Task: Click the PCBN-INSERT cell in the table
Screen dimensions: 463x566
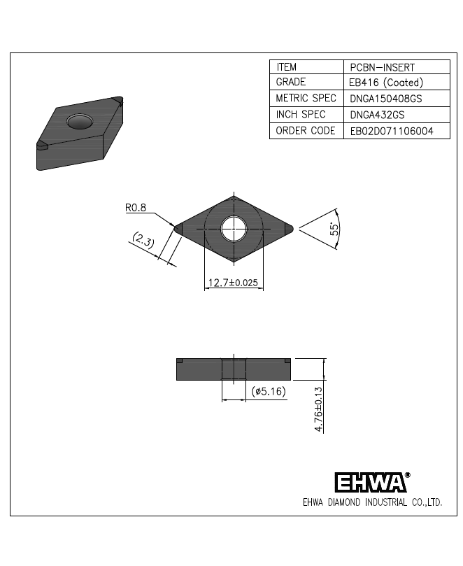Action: pyautogui.click(x=382, y=67)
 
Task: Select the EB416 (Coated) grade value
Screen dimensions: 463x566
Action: pyautogui.click(x=386, y=83)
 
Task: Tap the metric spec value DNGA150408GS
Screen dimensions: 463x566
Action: pyautogui.click(x=386, y=99)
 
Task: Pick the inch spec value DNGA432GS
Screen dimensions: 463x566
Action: pyautogui.click(x=377, y=115)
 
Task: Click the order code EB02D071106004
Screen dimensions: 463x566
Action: pyautogui.click(x=392, y=131)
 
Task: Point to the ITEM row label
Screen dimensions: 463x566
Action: pyautogui.click(x=287, y=67)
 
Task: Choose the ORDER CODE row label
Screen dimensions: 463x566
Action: pyautogui.click(x=306, y=131)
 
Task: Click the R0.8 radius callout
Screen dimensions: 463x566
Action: pyautogui.click(x=136, y=208)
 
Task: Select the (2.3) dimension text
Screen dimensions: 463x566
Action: pyautogui.click(x=143, y=240)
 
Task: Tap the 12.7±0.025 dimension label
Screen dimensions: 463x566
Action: pyautogui.click(x=233, y=282)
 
